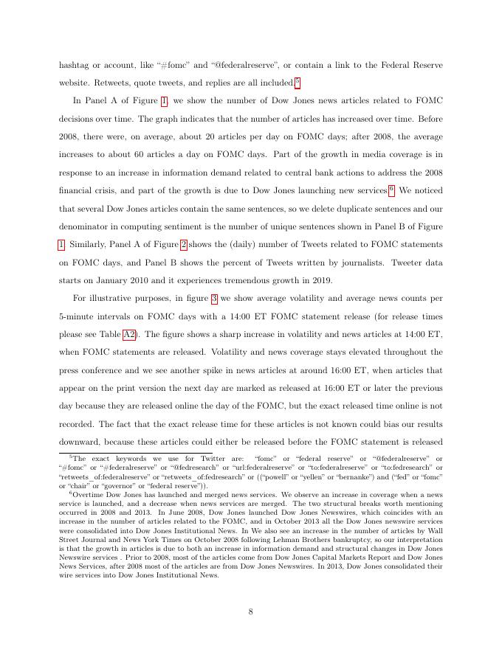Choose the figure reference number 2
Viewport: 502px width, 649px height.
(183, 244)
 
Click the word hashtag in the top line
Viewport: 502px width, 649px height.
(75, 64)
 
